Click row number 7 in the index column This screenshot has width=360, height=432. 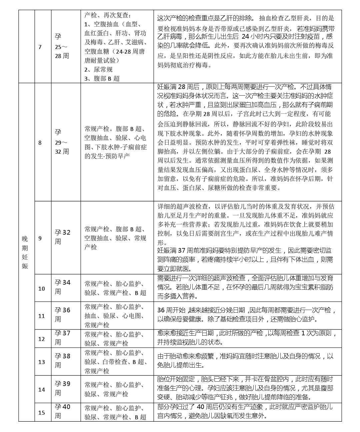pos(40,47)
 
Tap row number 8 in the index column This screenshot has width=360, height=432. pos(40,143)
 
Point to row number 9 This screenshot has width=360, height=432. pos(40,238)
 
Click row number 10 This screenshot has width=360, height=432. pos(41,288)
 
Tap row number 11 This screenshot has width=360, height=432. pos(41,316)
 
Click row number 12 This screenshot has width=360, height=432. pos(41,339)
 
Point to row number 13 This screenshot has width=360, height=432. pos(41,362)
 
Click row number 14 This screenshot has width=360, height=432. pos(41,390)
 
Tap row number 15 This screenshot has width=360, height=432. pos(41,413)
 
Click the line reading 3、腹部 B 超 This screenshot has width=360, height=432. pos(102,78)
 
